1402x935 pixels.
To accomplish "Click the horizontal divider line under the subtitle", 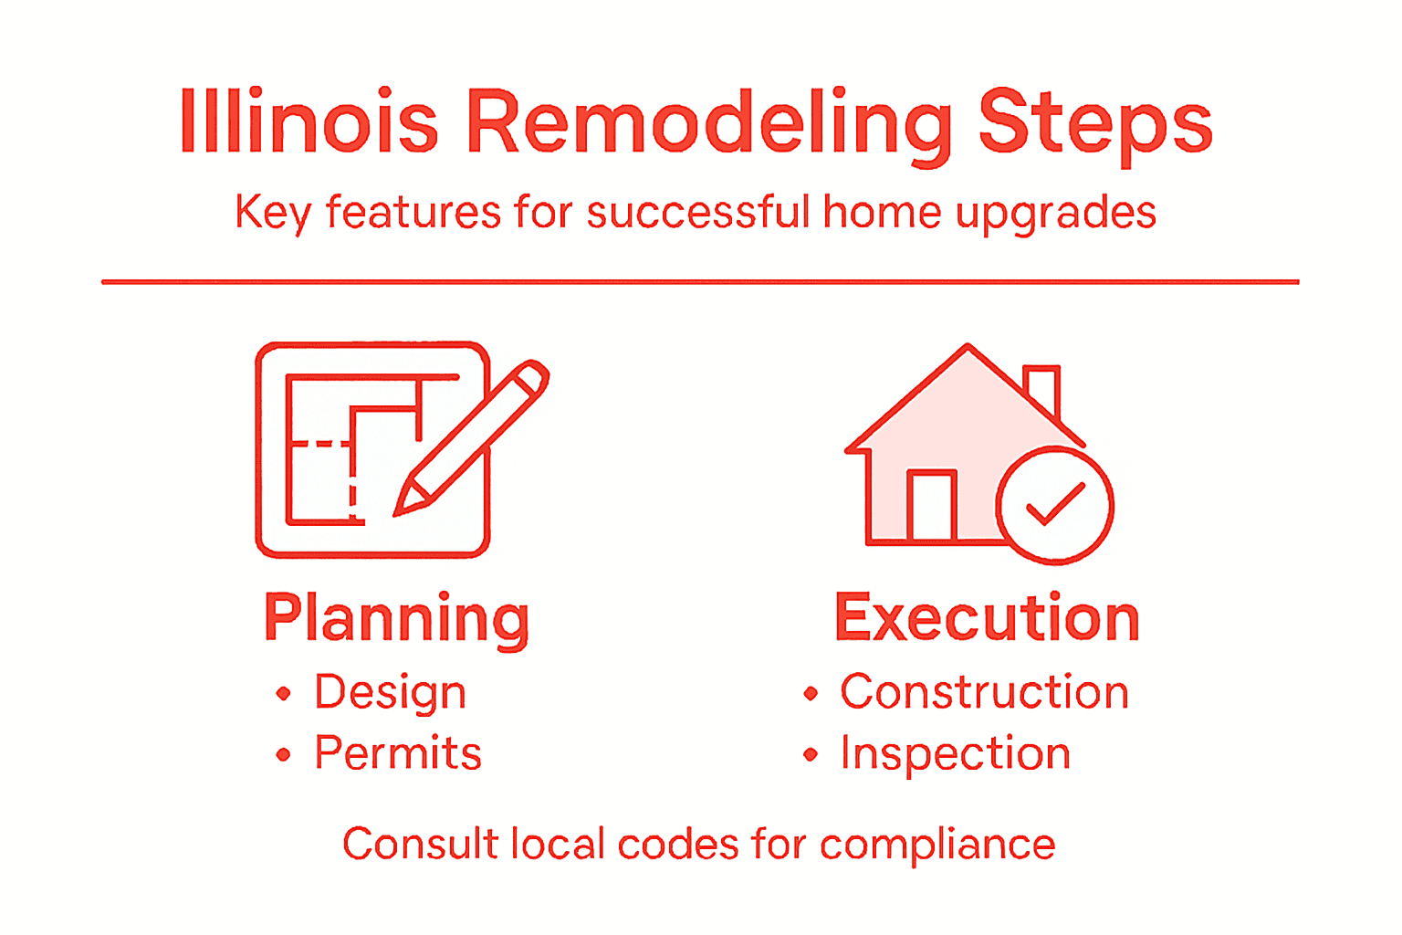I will coord(700,282).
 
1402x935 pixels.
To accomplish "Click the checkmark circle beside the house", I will coord(1054,505).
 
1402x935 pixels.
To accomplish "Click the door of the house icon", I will coord(932,506).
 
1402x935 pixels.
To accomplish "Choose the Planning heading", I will coord(397,619).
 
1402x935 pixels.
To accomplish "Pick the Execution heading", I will coord(988,618).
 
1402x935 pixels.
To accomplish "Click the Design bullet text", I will coord(391,692).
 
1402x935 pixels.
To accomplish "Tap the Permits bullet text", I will coord(398,753).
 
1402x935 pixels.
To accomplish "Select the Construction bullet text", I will coord(985,692).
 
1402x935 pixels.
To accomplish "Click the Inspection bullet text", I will coord(955,753).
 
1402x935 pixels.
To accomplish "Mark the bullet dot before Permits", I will coord(284,755).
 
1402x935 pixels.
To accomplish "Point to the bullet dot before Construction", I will coord(811,694).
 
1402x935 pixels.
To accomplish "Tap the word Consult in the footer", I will coord(421,844).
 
